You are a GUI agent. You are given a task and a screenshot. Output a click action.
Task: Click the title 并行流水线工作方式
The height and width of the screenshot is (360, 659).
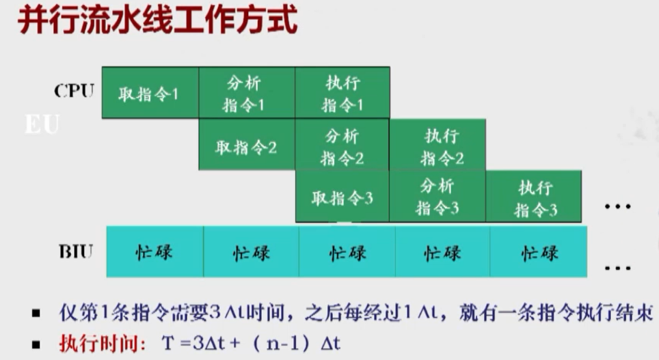pos(157,21)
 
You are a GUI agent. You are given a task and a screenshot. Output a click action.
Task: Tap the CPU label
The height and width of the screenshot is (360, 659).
pos(73,91)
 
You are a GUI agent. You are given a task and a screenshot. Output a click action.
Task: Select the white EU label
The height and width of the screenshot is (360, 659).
pos(42,125)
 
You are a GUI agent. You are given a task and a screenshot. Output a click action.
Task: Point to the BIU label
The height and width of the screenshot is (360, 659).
pos(75,251)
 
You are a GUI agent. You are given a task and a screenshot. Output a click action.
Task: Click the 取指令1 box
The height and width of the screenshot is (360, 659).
pos(150,93)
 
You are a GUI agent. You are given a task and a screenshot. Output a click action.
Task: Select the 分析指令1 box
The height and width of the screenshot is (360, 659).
pos(246,94)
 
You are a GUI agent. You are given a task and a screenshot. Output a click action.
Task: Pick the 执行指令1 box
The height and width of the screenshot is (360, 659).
pos(342,94)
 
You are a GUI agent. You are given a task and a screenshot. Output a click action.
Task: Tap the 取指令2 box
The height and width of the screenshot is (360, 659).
pos(246,146)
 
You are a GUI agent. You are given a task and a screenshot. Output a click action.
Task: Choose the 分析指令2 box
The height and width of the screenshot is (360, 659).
pos(342,146)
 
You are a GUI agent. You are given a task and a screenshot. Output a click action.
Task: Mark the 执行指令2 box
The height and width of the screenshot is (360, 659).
pos(438,146)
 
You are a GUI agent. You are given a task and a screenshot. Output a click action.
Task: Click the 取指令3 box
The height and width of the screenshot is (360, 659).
pos(342,198)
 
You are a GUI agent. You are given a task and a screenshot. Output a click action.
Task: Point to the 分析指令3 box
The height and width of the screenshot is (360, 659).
pos(438,197)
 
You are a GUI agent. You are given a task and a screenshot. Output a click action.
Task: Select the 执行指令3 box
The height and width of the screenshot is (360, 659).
pos(534,197)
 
